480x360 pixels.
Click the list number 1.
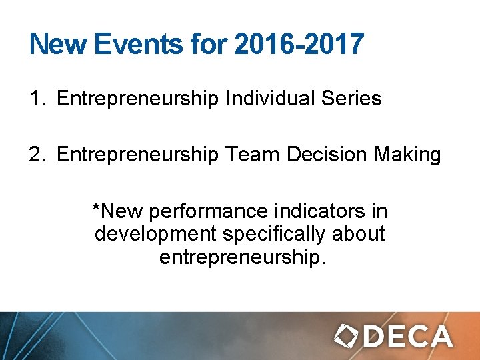(x=35, y=99)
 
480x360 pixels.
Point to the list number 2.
(x=35, y=155)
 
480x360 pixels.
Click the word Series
(x=351, y=99)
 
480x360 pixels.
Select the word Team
(x=253, y=155)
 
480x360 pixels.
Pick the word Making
(x=409, y=155)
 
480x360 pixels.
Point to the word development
(x=155, y=235)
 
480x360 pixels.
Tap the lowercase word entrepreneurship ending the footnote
(x=241, y=257)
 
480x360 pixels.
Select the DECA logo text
(x=407, y=336)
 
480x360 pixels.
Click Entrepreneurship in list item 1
(x=138, y=99)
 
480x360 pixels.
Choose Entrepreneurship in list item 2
(x=138, y=155)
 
